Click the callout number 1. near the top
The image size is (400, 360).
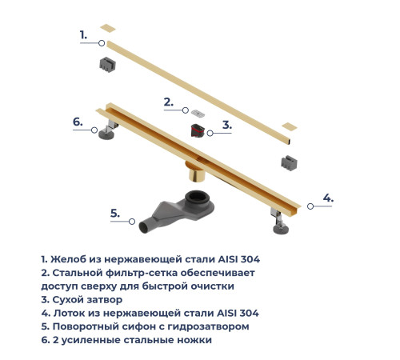click(83, 34)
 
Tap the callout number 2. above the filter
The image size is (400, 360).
click(168, 102)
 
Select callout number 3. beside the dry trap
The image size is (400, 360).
click(227, 125)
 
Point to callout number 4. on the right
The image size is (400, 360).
click(328, 198)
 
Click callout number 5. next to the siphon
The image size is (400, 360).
click(115, 213)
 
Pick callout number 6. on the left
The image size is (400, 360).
click(78, 122)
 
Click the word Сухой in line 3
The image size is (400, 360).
click(69, 298)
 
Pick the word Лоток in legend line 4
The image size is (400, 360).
click(71, 312)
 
